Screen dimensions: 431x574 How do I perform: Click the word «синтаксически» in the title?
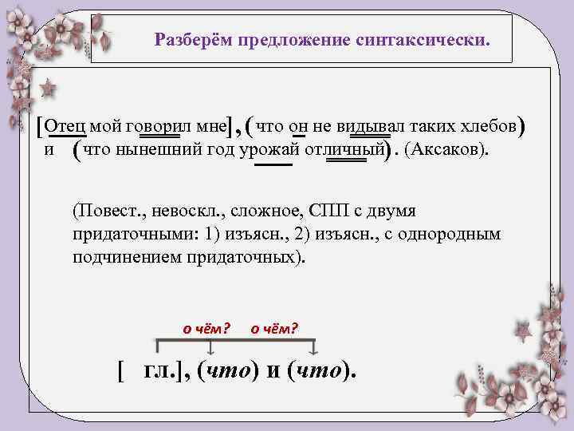point(432,39)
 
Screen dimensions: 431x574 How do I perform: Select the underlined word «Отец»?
point(67,126)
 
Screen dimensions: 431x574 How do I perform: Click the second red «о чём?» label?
point(274,327)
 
